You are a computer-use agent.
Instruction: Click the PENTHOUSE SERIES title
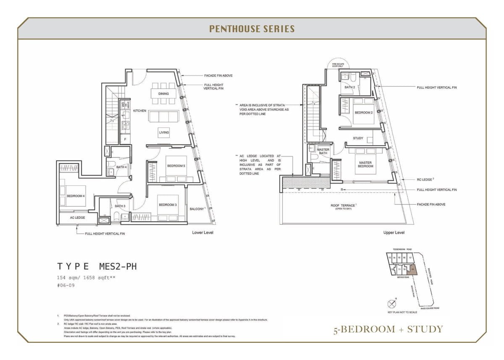point(252,29)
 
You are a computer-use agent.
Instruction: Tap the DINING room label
point(164,94)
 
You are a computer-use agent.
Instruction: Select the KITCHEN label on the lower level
point(139,111)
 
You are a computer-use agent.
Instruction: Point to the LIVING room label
point(164,132)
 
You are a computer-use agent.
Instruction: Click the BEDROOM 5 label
point(176,166)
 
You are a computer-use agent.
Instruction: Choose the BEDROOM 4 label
point(76,196)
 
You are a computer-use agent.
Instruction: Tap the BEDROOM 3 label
point(167,205)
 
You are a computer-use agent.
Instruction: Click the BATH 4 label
point(122,167)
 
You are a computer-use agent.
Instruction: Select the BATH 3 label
point(120,206)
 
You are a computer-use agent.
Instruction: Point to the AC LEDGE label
point(77,218)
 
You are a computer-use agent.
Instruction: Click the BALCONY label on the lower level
point(197,209)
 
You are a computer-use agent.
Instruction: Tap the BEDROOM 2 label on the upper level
point(363,113)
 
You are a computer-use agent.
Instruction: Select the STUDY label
point(358,138)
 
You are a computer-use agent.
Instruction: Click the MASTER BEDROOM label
point(365,164)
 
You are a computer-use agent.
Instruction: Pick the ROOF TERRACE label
point(343,205)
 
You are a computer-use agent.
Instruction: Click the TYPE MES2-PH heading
point(97,266)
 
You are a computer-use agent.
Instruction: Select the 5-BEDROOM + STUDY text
point(388,329)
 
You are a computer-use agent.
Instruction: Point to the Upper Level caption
point(394,232)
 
